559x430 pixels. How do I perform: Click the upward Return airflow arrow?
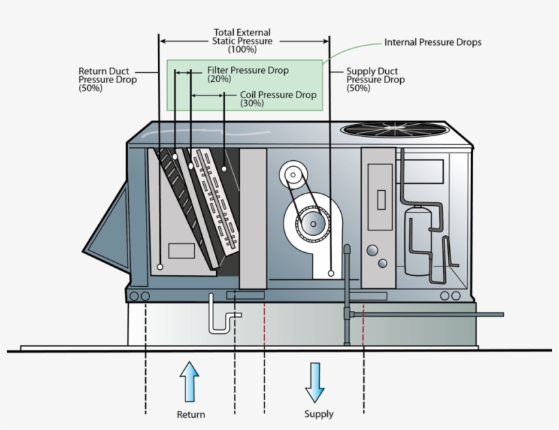[190, 382]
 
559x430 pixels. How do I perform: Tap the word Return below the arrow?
[190, 414]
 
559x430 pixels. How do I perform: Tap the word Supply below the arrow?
[318, 414]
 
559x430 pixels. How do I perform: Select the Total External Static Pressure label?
[242, 41]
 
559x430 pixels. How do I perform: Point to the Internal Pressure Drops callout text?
[433, 42]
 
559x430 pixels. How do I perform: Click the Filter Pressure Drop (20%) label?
[247, 74]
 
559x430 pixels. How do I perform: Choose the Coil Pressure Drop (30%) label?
[278, 99]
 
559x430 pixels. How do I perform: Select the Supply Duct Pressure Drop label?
[375, 79]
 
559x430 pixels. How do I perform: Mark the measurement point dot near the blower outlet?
[331, 273]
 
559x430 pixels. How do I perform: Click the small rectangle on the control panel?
[381, 200]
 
